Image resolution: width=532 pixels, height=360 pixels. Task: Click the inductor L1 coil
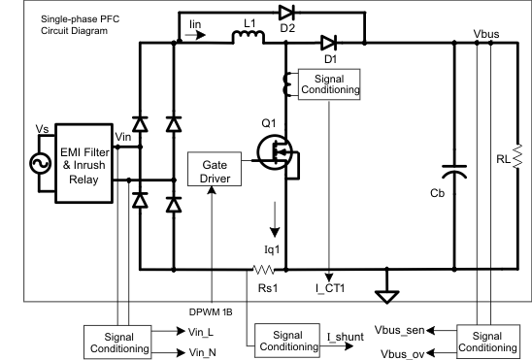(245, 40)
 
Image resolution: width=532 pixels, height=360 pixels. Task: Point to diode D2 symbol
(285, 14)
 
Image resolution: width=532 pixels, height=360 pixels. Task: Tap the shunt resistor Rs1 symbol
(262, 268)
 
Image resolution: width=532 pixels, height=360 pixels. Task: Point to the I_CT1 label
(333, 288)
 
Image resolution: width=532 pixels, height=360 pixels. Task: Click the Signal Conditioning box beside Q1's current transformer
(329, 84)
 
